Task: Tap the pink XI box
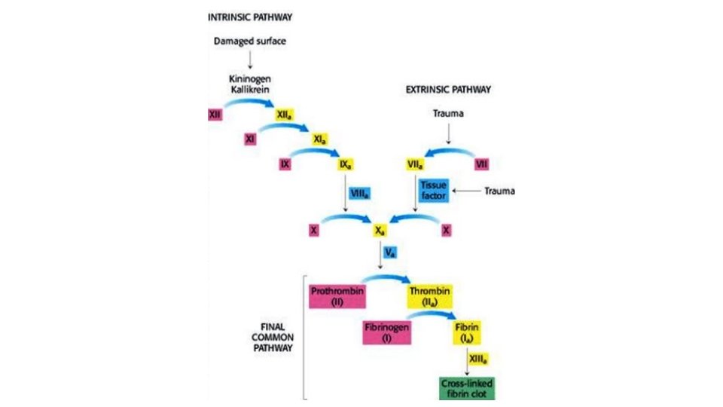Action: (x=251, y=138)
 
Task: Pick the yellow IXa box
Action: (x=349, y=162)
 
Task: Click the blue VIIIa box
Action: (x=359, y=194)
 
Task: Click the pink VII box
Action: (x=482, y=162)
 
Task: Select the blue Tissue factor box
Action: (x=433, y=191)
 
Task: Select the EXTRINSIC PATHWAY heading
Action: (x=448, y=89)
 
